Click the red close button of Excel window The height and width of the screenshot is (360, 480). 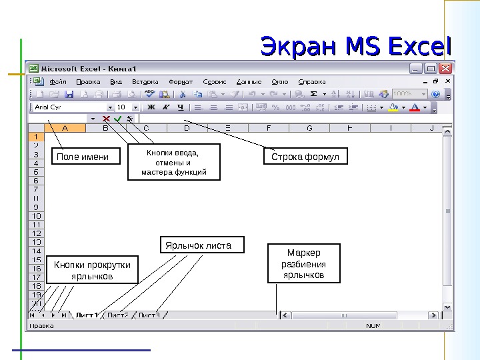point(446,69)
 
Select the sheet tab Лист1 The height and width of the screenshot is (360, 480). point(87,315)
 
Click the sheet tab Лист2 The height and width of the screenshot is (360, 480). point(118,315)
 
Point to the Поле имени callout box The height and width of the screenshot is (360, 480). point(80,157)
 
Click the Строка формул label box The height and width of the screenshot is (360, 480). point(305,157)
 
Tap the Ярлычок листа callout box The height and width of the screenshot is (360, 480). point(202,245)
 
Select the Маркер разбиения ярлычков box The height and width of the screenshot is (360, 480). point(303,264)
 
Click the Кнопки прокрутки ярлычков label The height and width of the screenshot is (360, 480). point(93,270)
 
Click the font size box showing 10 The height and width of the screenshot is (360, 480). point(122,107)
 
